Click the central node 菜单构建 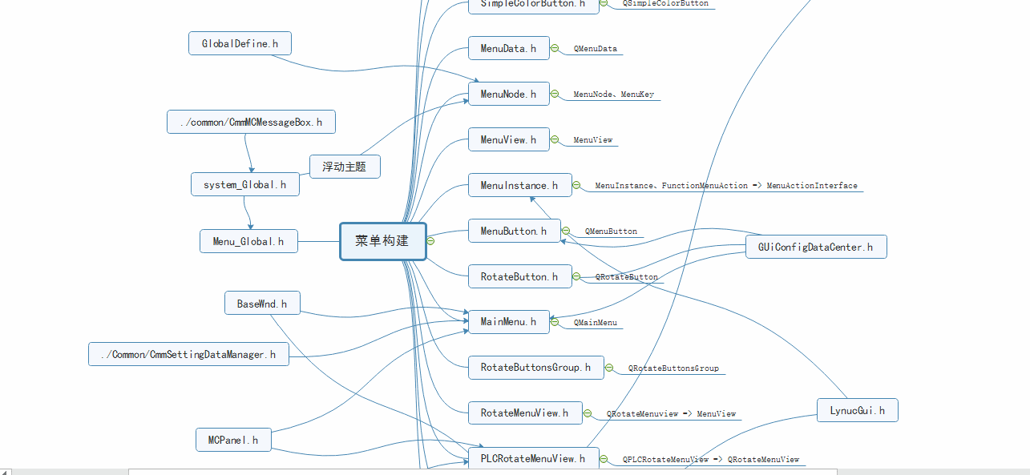pyautogui.click(x=382, y=241)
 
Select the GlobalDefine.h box pyautogui.click(x=240, y=43)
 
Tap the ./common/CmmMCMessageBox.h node pyautogui.click(x=251, y=123)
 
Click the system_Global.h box pyautogui.click(x=245, y=184)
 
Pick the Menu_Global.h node pyautogui.click(x=248, y=241)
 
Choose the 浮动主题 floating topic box pyautogui.click(x=345, y=167)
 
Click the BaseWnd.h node pyautogui.click(x=262, y=304)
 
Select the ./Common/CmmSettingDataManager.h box pyautogui.click(x=188, y=354)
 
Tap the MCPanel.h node pyautogui.click(x=233, y=440)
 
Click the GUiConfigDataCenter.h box pyautogui.click(x=816, y=247)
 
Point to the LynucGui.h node pyautogui.click(x=857, y=410)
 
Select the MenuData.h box pyautogui.click(x=508, y=49)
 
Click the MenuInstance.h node pyautogui.click(x=519, y=186)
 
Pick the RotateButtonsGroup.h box pyautogui.click(x=535, y=368)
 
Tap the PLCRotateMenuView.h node pyautogui.click(x=533, y=459)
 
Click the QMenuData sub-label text pyautogui.click(x=595, y=49)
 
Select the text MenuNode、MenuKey pyautogui.click(x=613, y=95)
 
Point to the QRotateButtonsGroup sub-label pyautogui.click(x=673, y=368)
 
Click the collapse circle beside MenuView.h pyautogui.click(x=555, y=140)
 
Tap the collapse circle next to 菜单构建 pyautogui.click(x=430, y=241)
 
